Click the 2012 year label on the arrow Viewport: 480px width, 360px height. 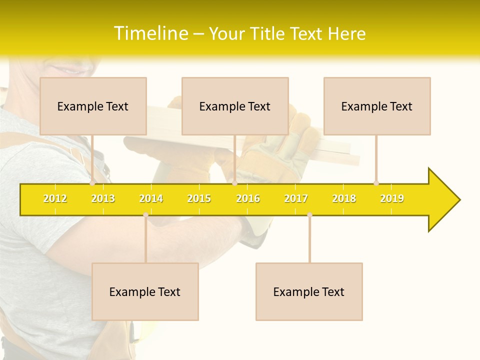coord(55,198)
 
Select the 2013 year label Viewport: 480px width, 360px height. coord(103,198)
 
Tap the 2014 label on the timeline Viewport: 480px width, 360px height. coord(151,198)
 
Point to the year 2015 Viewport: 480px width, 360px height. coord(199,198)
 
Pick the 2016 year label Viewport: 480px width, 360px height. coord(248,198)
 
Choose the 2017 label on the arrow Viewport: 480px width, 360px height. coord(296,198)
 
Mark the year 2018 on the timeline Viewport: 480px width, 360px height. coord(344,198)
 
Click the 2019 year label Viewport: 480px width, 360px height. coord(392,198)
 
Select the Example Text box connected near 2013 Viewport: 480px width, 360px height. coord(93,106)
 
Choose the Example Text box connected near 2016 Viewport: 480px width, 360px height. coord(235,106)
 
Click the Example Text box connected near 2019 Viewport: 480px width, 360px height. coord(377,106)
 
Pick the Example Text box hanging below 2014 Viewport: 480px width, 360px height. coord(145,291)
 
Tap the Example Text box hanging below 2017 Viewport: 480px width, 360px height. coord(309,291)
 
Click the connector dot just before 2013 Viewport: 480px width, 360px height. coord(92,183)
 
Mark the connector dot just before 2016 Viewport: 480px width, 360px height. coord(235,183)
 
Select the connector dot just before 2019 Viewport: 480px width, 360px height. coord(376,183)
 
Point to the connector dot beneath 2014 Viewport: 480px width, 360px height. coord(145,215)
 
